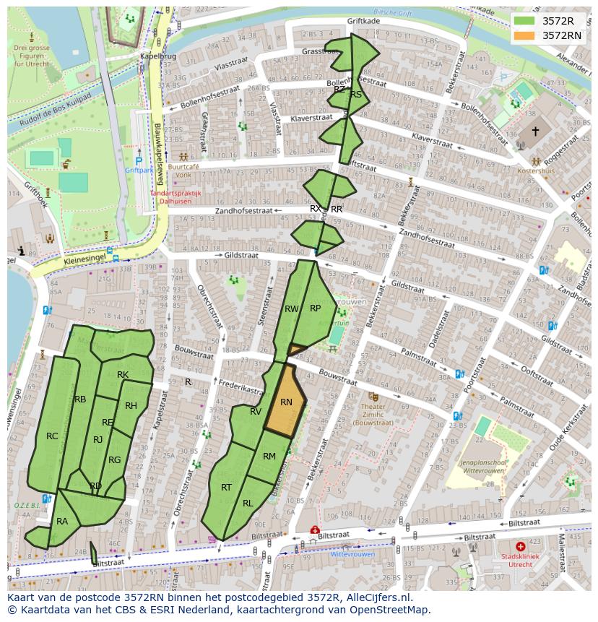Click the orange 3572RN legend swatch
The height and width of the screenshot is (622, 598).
pos(525,35)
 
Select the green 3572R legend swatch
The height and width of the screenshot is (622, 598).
pos(525,21)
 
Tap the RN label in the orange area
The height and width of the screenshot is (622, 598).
pos(286,402)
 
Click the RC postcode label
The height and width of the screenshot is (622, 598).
pos(52,436)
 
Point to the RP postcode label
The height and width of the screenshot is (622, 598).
pos(315,308)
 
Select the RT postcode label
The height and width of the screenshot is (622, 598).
pos(226,488)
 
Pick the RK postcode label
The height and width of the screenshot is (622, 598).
pos(123,375)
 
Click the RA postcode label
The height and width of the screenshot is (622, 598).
pos(62,522)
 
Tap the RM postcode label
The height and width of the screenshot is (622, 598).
pos(269,457)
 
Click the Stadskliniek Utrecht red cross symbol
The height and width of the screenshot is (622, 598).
pos(520,547)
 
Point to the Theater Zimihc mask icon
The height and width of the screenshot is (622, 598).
pos(373,397)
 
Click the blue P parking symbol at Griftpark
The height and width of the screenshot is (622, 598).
pos(139,161)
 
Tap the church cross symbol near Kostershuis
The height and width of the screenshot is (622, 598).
pos(535,131)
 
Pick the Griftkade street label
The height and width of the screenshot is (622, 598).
pos(363,22)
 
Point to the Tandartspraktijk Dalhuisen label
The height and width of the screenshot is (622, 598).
pos(175,197)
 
